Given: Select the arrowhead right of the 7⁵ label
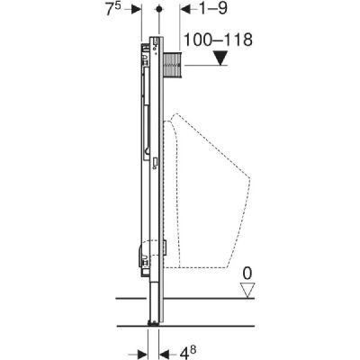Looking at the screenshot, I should coord(135,9).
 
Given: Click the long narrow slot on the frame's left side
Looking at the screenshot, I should coord(144,117).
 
